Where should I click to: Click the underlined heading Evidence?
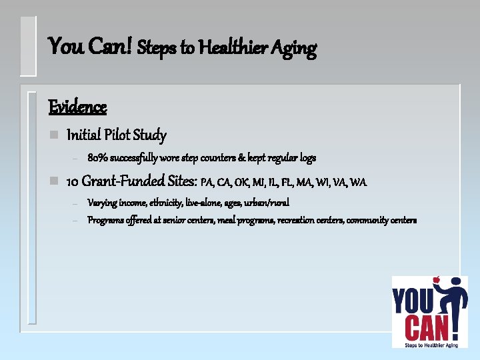point(77,107)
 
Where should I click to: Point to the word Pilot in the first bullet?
point(117,135)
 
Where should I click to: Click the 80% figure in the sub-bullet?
point(97,158)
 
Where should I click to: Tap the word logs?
point(307,159)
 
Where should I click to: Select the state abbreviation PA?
point(207,181)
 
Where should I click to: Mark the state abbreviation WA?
point(359,181)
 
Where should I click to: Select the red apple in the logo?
point(418,281)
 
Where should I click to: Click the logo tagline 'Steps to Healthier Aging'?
point(429,344)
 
